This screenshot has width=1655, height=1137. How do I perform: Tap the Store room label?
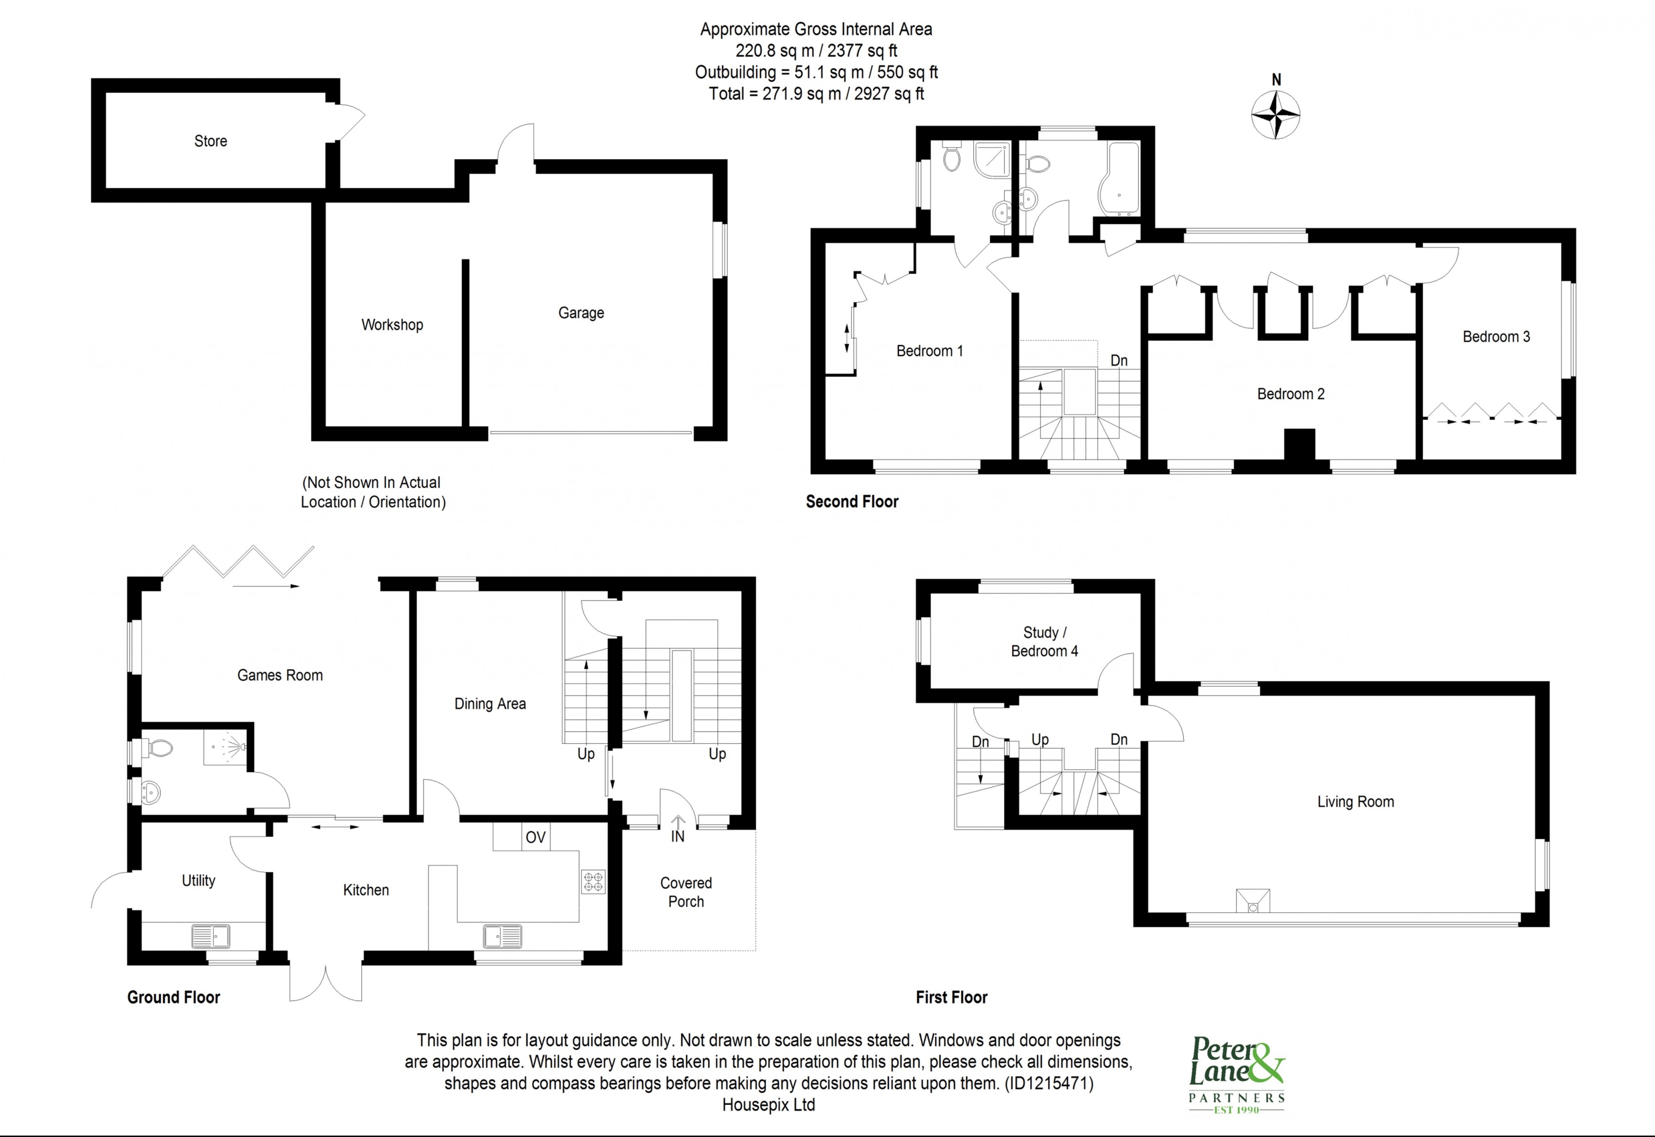211,141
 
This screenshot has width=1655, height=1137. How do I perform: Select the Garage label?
581,313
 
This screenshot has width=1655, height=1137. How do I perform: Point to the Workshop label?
392,325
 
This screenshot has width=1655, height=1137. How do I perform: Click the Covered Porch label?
686,892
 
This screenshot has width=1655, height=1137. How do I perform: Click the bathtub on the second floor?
1118,178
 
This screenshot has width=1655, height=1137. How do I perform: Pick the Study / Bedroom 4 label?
1044,641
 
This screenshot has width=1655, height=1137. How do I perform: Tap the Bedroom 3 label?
1496,337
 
